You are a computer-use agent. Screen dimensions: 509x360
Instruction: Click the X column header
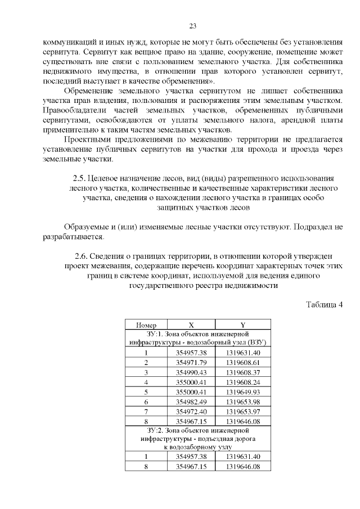(x=191, y=325)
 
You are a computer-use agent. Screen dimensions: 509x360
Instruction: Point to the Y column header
(x=243, y=325)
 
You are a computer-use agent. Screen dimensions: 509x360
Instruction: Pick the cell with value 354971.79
(x=191, y=362)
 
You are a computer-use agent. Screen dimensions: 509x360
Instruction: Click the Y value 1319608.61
(x=243, y=362)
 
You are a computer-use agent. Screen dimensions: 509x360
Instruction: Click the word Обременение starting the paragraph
(x=89, y=90)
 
